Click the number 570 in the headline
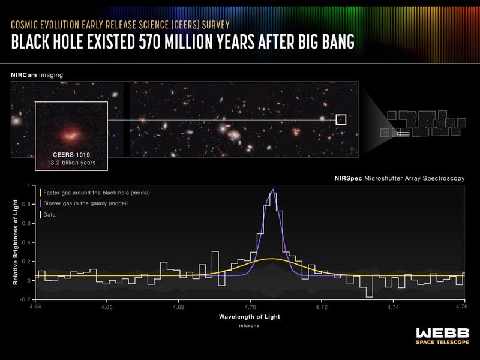point(150,41)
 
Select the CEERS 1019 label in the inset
point(71,155)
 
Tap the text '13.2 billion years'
point(71,163)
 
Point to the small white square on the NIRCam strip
point(341,119)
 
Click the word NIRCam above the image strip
point(24,75)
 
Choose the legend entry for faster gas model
point(95,193)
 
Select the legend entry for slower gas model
point(84,203)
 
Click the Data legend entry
point(48,215)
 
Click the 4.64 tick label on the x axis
point(35,307)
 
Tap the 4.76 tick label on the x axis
point(464,307)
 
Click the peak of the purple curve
point(273,189)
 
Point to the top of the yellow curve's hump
point(272,259)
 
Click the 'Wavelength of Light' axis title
point(250,317)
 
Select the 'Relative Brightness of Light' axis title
point(16,242)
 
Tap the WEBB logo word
point(442,333)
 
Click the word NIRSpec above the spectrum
point(348,178)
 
